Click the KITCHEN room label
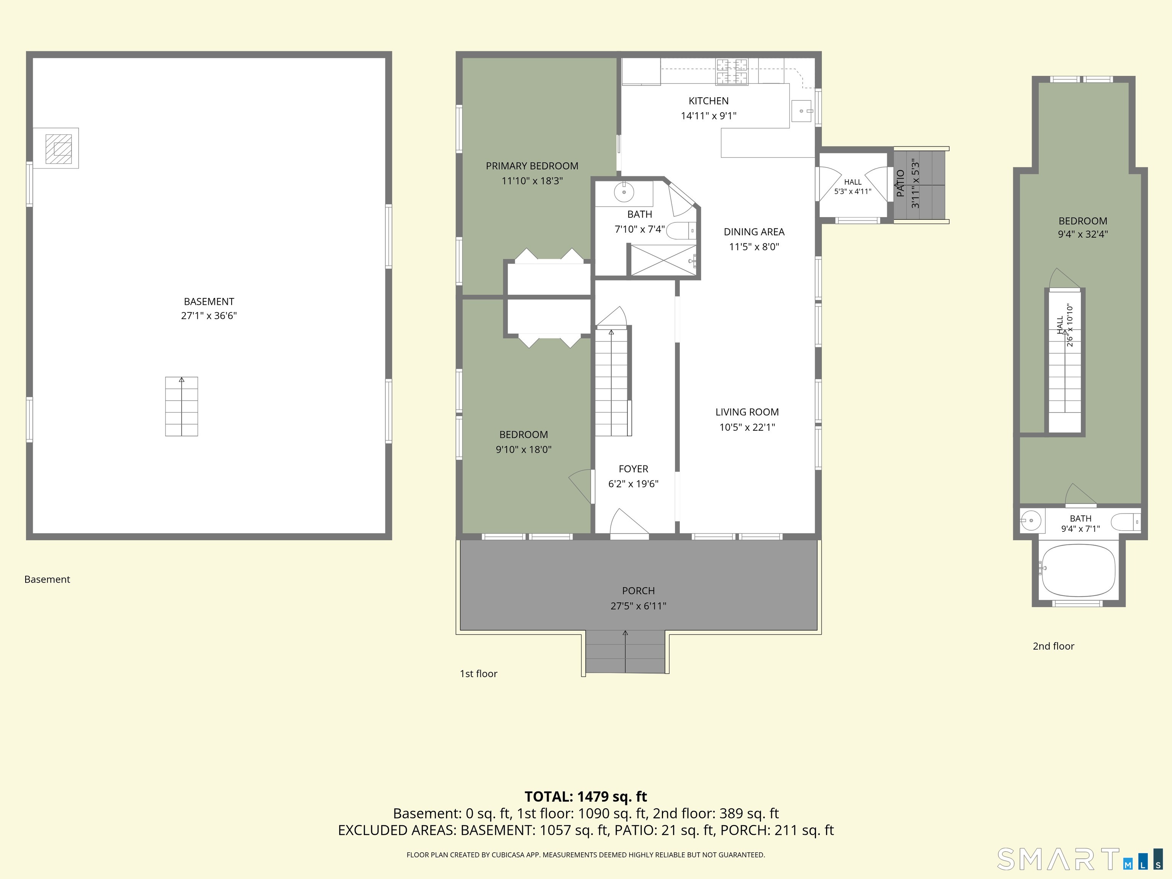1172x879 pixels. (708, 101)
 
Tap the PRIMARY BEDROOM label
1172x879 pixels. (532, 166)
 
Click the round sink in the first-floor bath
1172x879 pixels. (624, 192)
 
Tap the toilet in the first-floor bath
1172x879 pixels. (680, 231)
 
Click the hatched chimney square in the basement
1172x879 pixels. (58, 149)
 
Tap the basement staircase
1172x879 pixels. (182, 406)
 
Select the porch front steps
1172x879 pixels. (625, 652)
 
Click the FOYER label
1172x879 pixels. (633, 469)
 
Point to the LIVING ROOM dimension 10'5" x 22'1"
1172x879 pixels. (747, 427)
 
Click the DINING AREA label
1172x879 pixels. (754, 232)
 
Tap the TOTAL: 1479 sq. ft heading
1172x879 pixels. (586, 797)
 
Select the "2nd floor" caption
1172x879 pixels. (1053, 646)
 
